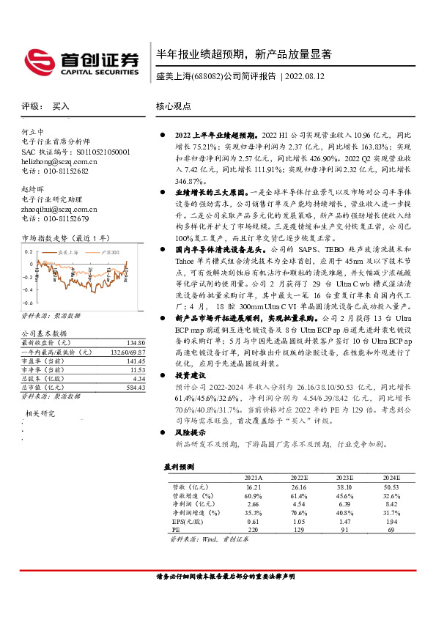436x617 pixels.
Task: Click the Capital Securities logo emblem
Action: [37, 59]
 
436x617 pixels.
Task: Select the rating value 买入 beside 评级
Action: [62, 106]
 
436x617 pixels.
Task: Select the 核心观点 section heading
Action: [174, 106]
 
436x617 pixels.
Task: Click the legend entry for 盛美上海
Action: [68, 252]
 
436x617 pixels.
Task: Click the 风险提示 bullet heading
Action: [193, 433]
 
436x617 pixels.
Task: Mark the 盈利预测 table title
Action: [180, 467]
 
